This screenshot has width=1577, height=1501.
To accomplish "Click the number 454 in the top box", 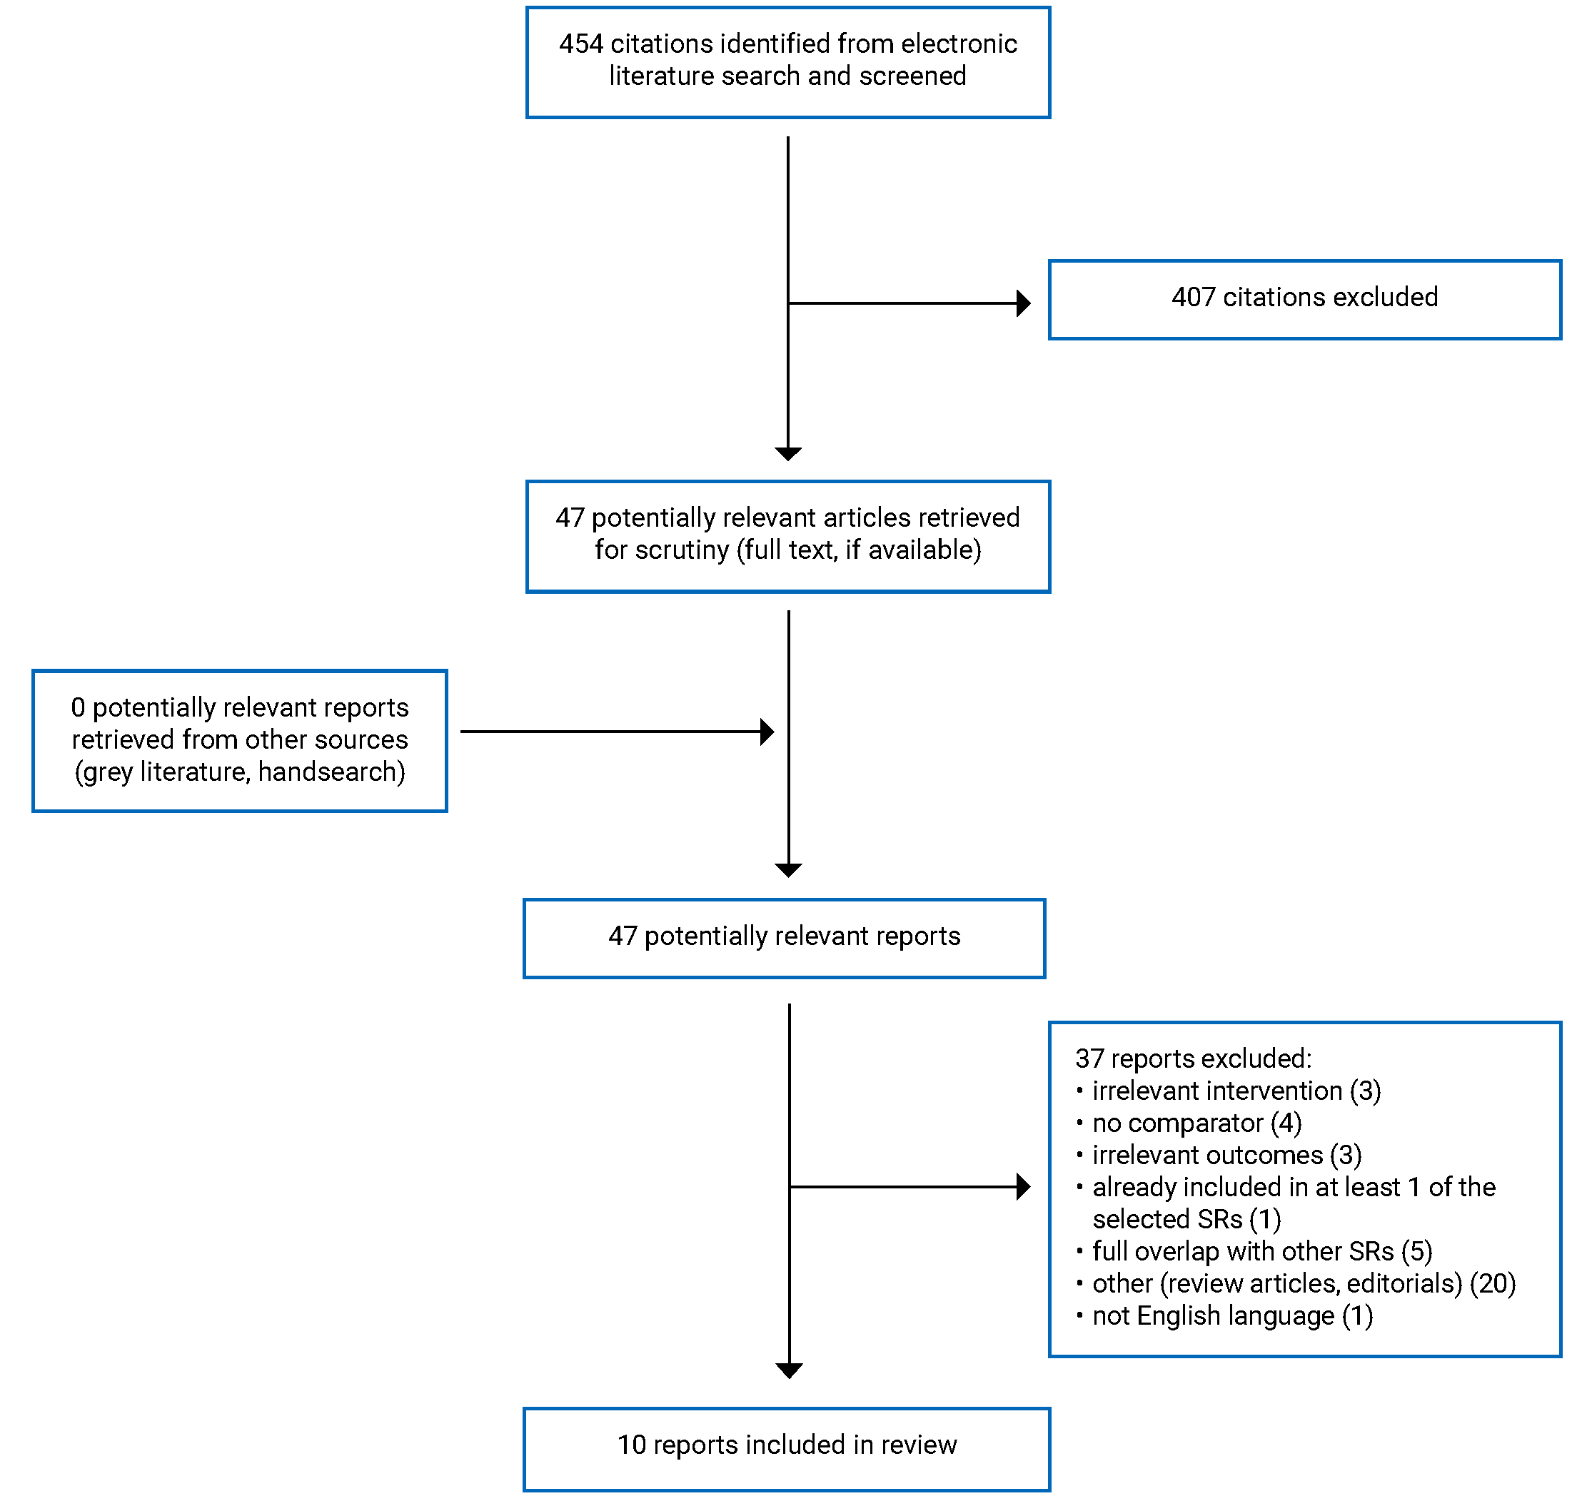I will coord(581,44).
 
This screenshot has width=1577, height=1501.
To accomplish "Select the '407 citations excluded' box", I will coord(1304,299).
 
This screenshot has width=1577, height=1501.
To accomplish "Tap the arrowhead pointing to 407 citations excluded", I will coord(1022,303).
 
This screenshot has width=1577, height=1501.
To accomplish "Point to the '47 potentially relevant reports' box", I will coord(784,938).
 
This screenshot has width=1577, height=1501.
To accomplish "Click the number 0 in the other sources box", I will coord(78,707).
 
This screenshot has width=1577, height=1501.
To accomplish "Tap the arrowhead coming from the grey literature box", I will coord(767,732).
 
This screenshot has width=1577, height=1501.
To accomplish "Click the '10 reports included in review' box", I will coord(787,1447).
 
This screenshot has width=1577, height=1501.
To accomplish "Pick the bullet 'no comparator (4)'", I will coord(1196,1123).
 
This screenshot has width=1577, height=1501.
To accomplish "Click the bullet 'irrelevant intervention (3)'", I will coord(1236,1091).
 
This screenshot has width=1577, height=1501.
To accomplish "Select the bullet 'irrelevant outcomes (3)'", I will coord(1226,1156).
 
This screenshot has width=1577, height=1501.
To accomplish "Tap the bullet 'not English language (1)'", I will coord(1232,1315).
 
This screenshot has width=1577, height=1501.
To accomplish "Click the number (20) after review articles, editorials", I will coord(1492,1283).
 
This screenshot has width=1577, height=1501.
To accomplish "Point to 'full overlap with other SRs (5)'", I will coord(1261,1251).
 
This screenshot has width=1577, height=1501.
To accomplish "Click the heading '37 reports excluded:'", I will coord(1193,1058).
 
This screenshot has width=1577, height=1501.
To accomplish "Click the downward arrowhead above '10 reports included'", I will coord(789,1371).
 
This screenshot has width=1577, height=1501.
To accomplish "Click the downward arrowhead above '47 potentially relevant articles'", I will coord(788,454).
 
